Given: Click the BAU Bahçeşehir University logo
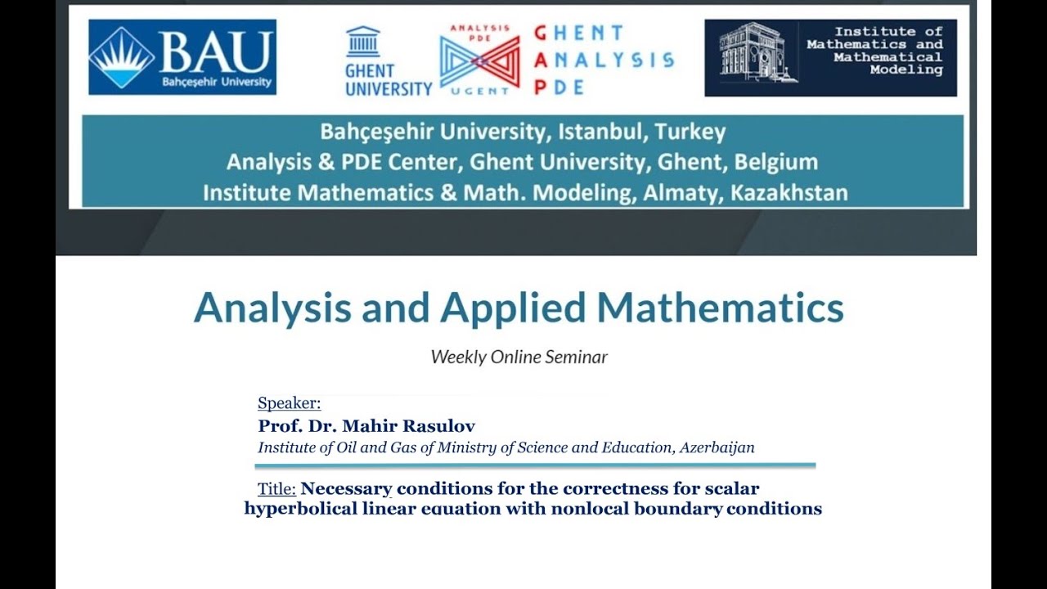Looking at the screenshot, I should coord(182,57).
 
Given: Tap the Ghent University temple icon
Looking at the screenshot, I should coord(363,42).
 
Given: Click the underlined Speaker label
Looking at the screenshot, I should coord(290,403).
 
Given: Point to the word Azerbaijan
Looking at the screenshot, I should coord(717,447).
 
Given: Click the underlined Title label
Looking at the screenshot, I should coord(276,489).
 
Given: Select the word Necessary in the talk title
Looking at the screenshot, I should coord(347,489).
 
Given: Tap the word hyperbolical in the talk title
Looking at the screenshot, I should coord(302,509).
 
